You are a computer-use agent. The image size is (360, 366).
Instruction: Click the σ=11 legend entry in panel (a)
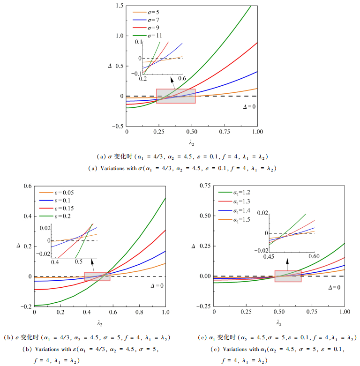147,36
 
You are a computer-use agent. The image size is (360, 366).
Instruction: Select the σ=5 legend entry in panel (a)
146,12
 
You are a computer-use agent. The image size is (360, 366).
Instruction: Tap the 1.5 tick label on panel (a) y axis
120,6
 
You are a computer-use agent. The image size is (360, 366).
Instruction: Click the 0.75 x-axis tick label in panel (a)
225,132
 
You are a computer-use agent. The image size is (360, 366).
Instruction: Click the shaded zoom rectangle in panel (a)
176,96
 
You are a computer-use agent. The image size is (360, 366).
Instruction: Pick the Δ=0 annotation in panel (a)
249,107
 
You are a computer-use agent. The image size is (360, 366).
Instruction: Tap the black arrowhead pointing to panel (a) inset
172,80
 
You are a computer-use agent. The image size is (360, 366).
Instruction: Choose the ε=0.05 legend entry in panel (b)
56,193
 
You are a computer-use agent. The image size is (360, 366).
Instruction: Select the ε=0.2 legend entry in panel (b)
55,216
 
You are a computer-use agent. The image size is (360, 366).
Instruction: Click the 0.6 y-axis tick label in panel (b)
28,186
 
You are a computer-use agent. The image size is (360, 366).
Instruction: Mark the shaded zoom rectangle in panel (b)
97,276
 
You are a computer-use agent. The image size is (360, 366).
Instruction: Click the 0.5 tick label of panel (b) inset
78,261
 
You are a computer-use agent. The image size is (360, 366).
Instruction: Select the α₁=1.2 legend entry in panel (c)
234,193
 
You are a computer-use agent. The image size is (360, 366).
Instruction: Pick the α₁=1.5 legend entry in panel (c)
234,220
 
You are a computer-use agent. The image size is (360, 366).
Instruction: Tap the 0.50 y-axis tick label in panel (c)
205,216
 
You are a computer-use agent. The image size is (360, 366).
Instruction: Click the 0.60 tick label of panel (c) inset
314,256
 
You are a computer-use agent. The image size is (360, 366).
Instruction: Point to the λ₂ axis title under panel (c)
279,323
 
